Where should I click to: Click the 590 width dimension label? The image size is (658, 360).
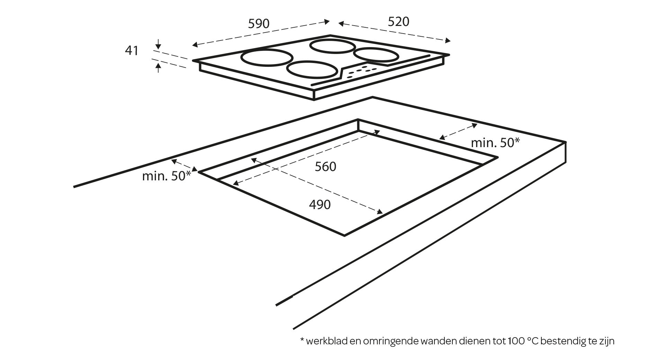coord(258,24)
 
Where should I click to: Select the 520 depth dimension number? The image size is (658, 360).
coord(398,22)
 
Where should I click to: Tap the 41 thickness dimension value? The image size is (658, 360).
coord(132,51)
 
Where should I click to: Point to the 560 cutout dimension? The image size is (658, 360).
coord(325,167)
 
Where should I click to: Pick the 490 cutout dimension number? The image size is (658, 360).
coord(319,205)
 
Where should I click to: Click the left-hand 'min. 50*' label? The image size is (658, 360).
coord(166,176)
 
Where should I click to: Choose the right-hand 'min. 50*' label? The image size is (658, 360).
coord(495,142)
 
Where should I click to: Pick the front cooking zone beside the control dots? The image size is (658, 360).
coord(312,69)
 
